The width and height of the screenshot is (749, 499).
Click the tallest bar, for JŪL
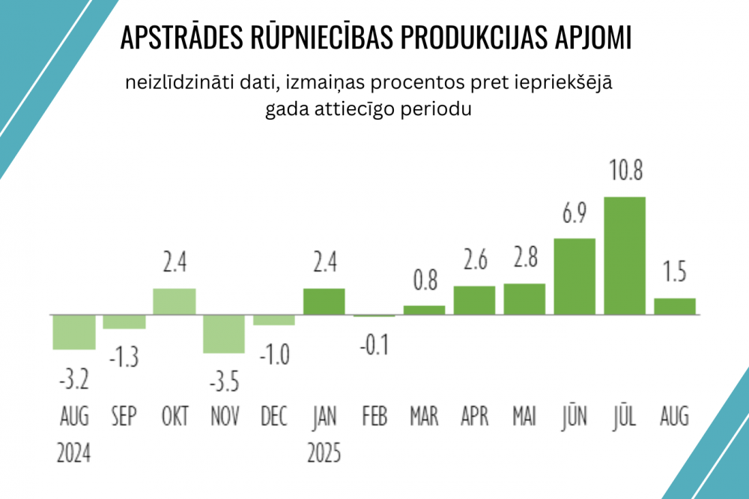pyautogui.click(x=625, y=255)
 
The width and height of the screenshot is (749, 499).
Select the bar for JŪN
pyautogui.click(x=574, y=276)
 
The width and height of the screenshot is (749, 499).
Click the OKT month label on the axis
pyautogui.click(x=175, y=416)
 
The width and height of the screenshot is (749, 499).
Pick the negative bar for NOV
pyautogui.click(x=224, y=334)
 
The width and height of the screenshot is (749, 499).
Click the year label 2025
pyautogui.click(x=324, y=453)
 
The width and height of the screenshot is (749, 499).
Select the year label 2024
pyautogui.click(x=73, y=453)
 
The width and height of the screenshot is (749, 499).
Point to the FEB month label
pyautogui.click(x=374, y=416)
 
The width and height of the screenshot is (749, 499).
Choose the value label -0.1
pyautogui.click(x=374, y=347)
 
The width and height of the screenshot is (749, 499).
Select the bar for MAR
pyautogui.click(x=424, y=310)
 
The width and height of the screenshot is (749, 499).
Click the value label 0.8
pyautogui.click(x=424, y=284)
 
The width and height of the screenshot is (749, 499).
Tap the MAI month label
pyautogui.click(x=524, y=416)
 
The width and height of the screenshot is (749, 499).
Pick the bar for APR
pyautogui.click(x=474, y=300)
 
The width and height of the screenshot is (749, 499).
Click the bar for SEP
pyautogui.click(x=124, y=322)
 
